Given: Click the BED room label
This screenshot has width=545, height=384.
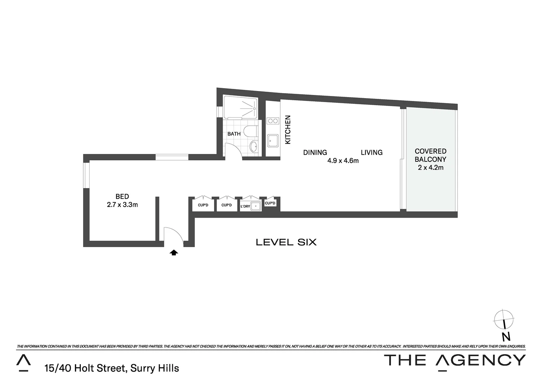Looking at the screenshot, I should [122, 196].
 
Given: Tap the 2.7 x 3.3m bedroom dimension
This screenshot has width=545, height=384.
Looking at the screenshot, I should [122, 205].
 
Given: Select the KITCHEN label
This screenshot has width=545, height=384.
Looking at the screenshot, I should [288, 130].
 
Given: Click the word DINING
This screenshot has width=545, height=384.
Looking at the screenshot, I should [315, 153].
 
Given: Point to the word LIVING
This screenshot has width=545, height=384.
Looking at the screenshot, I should [371, 153].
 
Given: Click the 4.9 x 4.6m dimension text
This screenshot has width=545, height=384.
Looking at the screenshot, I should [343, 161].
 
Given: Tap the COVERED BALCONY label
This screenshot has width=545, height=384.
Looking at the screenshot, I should [430, 155].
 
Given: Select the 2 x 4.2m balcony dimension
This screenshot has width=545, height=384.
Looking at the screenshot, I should [430, 167].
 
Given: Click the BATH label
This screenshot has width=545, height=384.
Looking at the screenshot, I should [234, 134].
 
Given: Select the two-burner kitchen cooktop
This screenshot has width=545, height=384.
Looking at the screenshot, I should [273, 121].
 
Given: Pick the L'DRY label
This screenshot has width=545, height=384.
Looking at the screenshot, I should [245, 207].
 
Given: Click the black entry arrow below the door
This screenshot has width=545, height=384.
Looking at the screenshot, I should [174, 253].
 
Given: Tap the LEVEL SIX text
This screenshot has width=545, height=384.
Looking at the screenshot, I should [286, 242].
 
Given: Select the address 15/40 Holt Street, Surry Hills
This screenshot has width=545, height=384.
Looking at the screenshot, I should [112, 368].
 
